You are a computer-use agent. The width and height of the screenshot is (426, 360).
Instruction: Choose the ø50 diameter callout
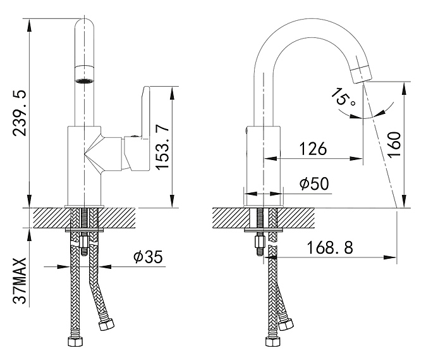313,184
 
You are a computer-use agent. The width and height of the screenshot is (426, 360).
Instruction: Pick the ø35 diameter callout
148,257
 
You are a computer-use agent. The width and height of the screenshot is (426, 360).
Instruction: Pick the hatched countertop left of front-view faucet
47,218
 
